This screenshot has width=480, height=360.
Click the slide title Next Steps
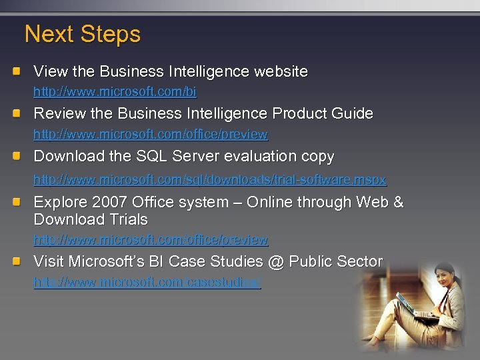(x=83, y=34)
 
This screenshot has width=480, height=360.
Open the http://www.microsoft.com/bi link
(x=115, y=91)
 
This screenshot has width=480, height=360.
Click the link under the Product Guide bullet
(x=151, y=134)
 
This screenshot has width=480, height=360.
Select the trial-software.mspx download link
(x=210, y=180)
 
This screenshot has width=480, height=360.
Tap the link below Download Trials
(x=151, y=239)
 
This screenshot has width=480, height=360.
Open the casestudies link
(x=147, y=283)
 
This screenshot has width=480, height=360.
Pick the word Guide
(x=351, y=114)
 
